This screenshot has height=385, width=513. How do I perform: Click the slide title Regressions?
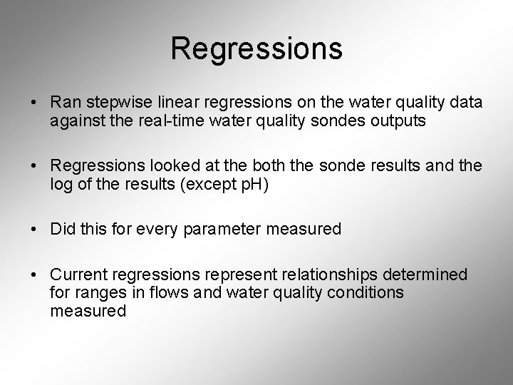(x=256, y=48)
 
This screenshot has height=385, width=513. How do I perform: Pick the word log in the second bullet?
(x=61, y=185)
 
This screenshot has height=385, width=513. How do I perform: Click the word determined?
(x=433, y=274)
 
